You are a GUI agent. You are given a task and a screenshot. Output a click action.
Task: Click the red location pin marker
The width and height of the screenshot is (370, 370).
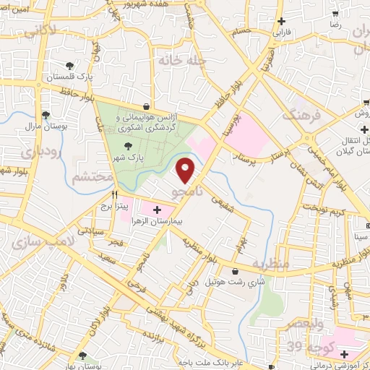click(x=186, y=169)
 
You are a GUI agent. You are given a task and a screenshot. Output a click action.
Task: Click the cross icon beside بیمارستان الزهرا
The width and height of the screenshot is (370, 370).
click(x=158, y=210)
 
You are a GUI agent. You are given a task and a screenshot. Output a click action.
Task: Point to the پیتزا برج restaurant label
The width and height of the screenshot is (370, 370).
click(x=113, y=207)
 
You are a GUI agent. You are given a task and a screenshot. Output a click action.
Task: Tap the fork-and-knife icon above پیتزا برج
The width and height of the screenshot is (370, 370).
click(x=113, y=194)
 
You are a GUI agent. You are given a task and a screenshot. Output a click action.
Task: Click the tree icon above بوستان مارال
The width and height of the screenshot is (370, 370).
click(x=46, y=114)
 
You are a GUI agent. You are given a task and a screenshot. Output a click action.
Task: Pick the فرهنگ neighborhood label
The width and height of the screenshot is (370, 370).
click(x=299, y=113)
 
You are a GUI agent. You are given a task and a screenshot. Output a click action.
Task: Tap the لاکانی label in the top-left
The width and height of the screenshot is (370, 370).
click(x=37, y=33)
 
